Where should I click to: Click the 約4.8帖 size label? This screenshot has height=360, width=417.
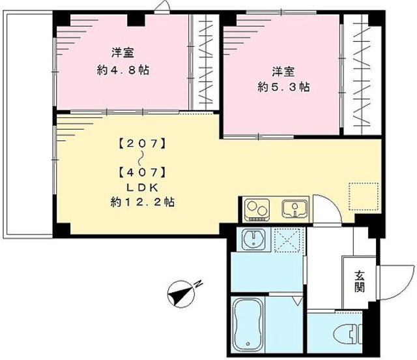pyautogui.click(x=123, y=69)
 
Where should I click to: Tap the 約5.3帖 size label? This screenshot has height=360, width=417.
pyautogui.click(x=281, y=87)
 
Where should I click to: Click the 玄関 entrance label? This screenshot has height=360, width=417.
pyautogui.click(x=360, y=280)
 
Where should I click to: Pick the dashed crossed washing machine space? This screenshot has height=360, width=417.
pyautogui.click(x=285, y=241)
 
